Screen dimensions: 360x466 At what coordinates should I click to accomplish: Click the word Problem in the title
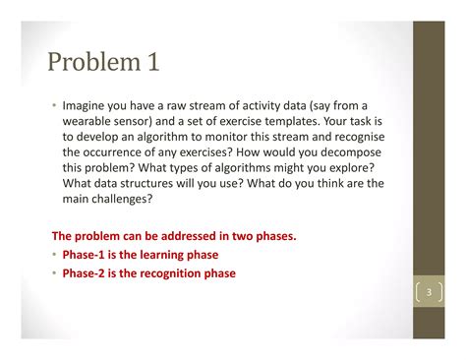click(x=91, y=64)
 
